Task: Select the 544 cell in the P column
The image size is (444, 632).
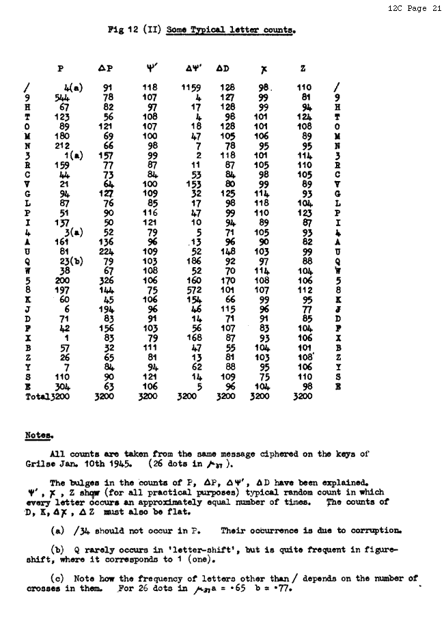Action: pos(63,98)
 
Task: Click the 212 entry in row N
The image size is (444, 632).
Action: pos(63,146)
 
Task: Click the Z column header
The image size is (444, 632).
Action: pos(303,68)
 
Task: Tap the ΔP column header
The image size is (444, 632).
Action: pos(106,68)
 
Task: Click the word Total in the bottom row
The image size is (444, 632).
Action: pos(37,396)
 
